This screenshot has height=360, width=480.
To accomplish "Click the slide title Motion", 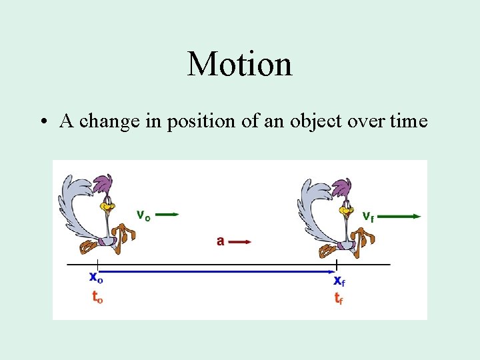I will tap(240, 64).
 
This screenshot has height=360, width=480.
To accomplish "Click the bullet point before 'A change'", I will tap(43, 122).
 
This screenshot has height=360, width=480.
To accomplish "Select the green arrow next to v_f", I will tap(403, 216).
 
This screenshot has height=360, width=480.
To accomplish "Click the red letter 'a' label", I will tap(220, 241).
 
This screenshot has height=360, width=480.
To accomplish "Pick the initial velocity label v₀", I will tap(143, 215).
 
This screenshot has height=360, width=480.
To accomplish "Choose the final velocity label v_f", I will tap(368, 216).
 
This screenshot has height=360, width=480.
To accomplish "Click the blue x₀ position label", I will tap(97, 279).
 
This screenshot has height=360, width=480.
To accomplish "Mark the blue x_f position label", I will tap(339, 281).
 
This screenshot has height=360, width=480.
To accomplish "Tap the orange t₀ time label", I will tap(97, 297).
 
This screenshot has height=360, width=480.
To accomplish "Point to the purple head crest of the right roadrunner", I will tap(343, 185).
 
